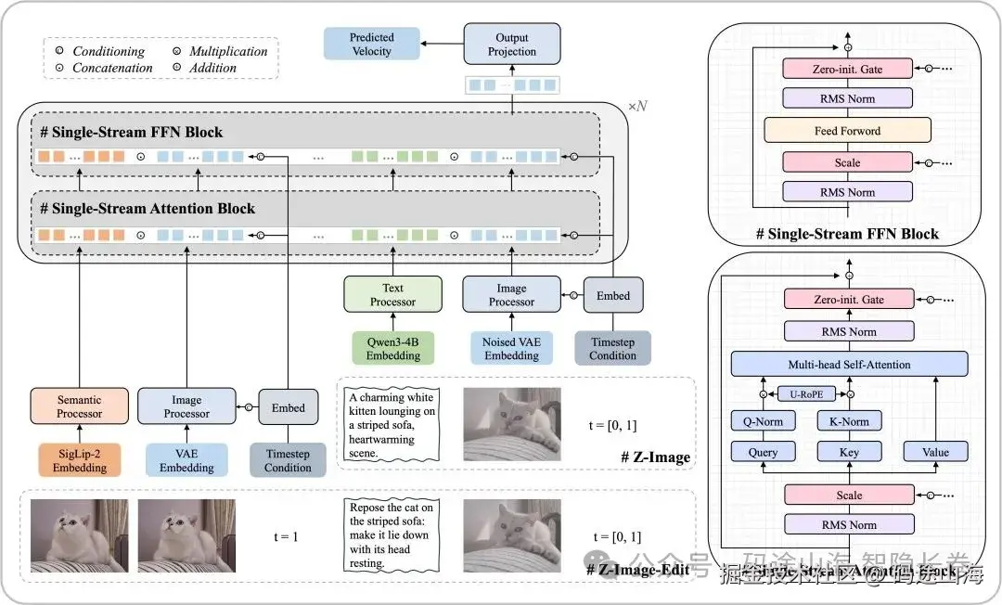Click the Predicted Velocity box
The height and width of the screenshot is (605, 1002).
tap(371, 45)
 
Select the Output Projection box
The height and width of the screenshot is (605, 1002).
tap(512, 45)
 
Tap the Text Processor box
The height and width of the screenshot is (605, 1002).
tap(392, 294)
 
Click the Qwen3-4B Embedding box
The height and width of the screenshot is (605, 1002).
tap(392, 349)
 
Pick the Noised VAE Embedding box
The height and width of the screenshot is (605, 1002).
tap(511, 349)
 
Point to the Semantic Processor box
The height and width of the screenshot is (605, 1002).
tap(79, 406)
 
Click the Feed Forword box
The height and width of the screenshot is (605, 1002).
tap(847, 131)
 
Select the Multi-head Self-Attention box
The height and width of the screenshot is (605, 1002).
tap(849, 365)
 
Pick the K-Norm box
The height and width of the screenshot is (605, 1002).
tap(848, 421)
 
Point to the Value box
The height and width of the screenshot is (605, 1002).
tap(935, 453)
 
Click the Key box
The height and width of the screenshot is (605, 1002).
tap(848, 453)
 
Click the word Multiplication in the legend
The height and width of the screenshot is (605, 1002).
tap(228, 52)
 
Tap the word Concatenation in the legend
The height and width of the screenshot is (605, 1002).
tap(112, 68)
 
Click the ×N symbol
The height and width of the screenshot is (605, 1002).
tap(637, 107)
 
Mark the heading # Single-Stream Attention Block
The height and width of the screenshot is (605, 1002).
tap(148, 209)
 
